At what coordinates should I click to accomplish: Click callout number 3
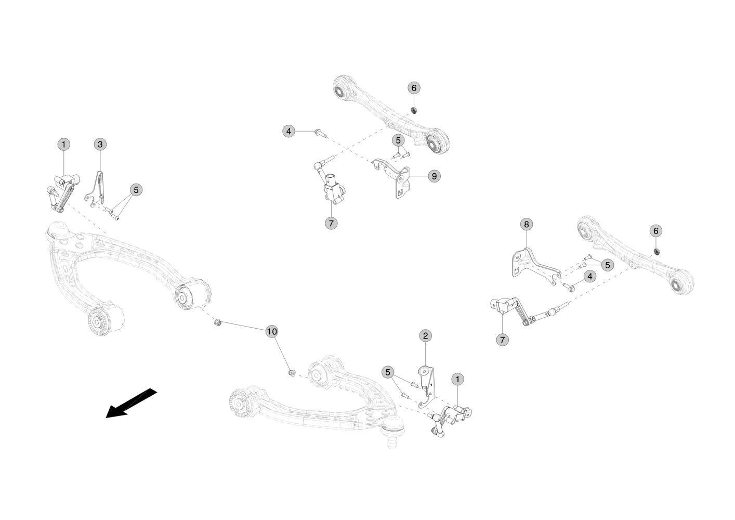(x=100, y=144)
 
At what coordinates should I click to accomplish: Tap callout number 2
(x=425, y=335)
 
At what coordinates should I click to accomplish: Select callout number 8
(x=527, y=224)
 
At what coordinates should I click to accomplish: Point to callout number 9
(x=434, y=176)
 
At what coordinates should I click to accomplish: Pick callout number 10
(x=272, y=332)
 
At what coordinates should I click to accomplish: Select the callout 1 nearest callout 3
(x=63, y=144)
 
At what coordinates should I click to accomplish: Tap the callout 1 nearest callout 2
(x=457, y=379)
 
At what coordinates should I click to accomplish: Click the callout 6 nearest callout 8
(x=655, y=231)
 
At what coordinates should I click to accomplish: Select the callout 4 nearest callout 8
(x=589, y=277)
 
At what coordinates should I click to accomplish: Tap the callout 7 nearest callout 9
(x=331, y=224)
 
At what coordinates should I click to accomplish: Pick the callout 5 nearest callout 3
(x=136, y=190)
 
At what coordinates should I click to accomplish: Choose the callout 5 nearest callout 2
(x=388, y=372)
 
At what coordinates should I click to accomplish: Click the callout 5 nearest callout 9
(x=398, y=140)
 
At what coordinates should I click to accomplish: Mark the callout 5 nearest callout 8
(x=607, y=265)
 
